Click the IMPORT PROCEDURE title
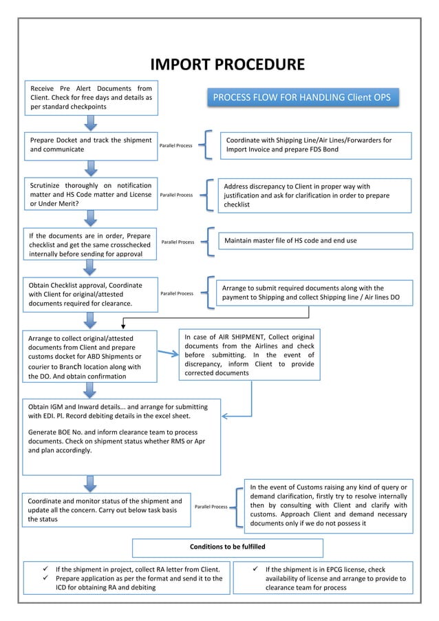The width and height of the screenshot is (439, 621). click(x=227, y=65)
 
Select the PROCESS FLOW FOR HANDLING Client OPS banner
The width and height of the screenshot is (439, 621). click(x=301, y=98)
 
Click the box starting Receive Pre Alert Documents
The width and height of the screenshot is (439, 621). click(x=89, y=98)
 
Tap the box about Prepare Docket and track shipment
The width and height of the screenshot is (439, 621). click(x=89, y=145)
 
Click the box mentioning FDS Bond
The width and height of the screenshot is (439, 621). click(x=315, y=145)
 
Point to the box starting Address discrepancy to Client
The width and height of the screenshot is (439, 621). click(x=315, y=196)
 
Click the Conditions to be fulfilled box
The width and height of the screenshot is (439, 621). click(x=227, y=547)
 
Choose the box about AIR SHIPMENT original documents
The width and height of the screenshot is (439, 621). click(x=249, y=355)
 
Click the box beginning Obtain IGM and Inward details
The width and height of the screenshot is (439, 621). click(x=122, y=436)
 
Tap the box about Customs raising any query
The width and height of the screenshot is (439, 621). click(x=328, y=506)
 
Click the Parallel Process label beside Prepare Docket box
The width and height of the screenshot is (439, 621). click(x=176, y=146)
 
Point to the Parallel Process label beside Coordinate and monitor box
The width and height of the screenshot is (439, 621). click(x=211, y=507)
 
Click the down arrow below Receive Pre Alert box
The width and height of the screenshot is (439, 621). click(x=89, y=123)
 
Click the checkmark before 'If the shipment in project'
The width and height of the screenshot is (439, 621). click(x=46, y=569)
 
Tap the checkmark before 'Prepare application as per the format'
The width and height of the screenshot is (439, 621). click(x=46, y=579)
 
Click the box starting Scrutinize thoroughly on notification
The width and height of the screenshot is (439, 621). click(x=89, y=195)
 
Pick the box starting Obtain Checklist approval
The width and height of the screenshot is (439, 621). click(x=89, y=294)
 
